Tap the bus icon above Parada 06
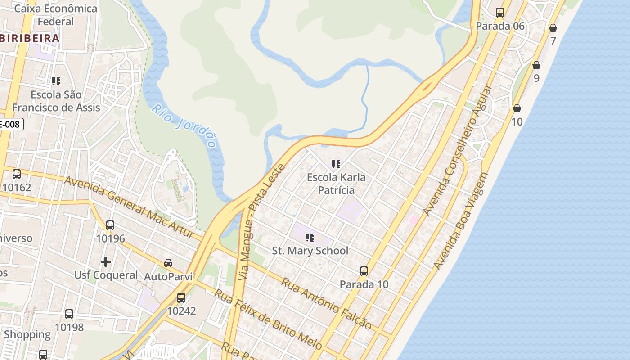[500, 13]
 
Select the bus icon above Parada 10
[364, 271]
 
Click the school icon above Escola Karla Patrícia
[336, 164]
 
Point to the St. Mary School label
[310, 251]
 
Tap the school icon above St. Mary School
[310, 237]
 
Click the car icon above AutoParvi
[168, 263]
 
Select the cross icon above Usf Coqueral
[106, 261]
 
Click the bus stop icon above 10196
[110, 225]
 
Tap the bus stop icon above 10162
[17, 174]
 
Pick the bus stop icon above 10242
[181, 297]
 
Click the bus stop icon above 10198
[69, 314]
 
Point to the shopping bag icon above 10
[517, 108]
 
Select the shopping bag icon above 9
[536, 65]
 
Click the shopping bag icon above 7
[553, 28]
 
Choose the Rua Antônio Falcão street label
[327, 303]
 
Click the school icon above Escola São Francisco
[56, 81]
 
